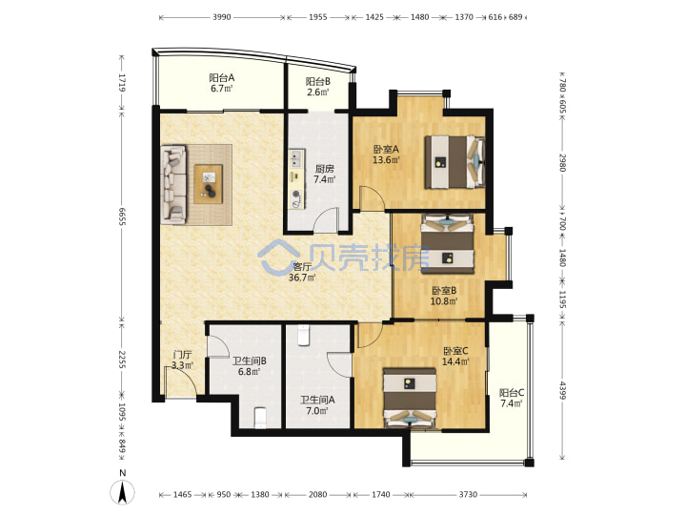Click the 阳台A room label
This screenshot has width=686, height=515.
221,78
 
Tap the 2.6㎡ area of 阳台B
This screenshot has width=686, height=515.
317,93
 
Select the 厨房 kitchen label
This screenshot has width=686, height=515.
325,169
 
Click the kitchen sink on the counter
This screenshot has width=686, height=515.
297,159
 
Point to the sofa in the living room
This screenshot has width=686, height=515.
174,184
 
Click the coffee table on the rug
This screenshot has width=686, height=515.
209,183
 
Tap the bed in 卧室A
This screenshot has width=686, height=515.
455,161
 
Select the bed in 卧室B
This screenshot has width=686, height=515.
447,243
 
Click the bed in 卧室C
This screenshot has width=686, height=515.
410,398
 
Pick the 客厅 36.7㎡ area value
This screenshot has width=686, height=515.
302,278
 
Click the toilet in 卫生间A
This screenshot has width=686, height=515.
303,335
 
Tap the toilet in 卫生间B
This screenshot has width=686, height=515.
260,418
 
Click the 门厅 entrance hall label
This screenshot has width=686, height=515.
182,355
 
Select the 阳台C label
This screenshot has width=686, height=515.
512,392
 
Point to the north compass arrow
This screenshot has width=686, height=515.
123,492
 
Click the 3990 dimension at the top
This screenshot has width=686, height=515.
221,17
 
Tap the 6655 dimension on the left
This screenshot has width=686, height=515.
122,216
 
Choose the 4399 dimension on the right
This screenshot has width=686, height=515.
563,391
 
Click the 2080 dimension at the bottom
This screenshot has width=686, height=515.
317,494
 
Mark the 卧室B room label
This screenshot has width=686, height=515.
444,290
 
